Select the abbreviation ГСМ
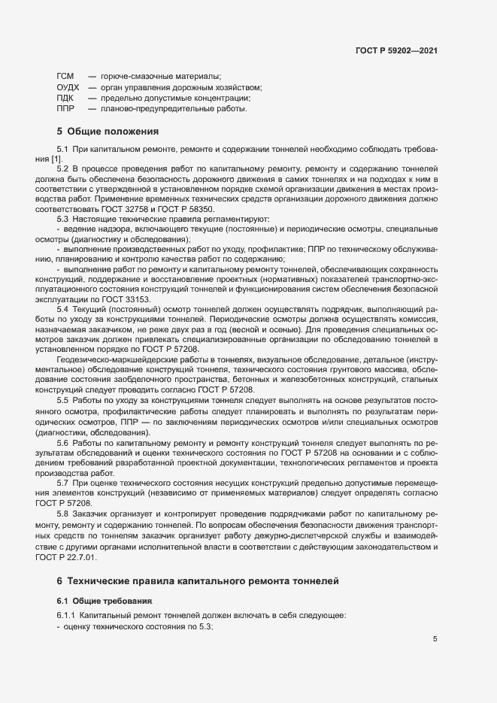[65, 77]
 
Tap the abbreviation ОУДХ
[68, 87]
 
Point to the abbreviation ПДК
[65, 98]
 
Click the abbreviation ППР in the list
[65, 108]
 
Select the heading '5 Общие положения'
[102, 132]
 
